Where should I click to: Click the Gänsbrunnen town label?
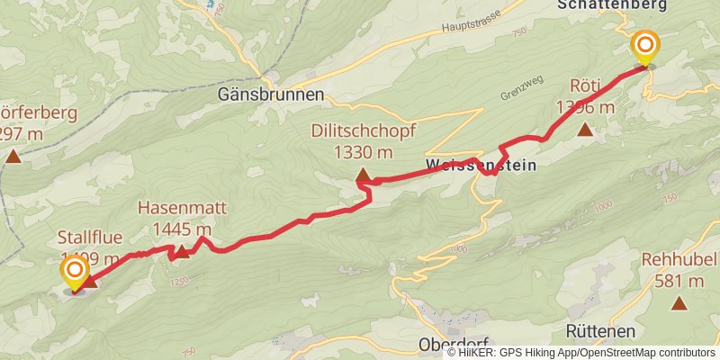click(271, 94)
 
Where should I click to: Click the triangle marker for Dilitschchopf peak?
click(363, 175)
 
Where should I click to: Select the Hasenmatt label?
click(182, 208)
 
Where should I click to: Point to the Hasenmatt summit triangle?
click(181, 251)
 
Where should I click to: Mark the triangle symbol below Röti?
click(586, 130)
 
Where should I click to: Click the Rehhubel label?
click(679, 260)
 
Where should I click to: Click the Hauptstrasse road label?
click(472, 28)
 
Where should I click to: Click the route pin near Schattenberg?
click(645, 48)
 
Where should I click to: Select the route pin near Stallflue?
click(74, 272)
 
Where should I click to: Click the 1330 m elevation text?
click(363, 151)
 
